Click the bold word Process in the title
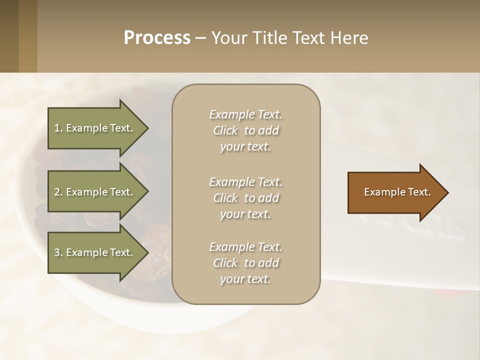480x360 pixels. pos(157,38)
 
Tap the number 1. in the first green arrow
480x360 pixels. pos(58,128)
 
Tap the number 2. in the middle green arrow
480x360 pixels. pos(58,192)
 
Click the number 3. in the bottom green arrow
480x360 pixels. pos(58,252)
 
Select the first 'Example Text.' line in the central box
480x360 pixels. pos(245,114)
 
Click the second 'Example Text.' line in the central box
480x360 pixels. pos(245,181)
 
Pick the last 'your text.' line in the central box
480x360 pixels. pos(245,279)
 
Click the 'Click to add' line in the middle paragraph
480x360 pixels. pos(245,198)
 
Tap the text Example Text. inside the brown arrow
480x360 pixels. pos(397,192)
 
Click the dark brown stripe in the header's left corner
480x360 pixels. pos(9,36)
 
